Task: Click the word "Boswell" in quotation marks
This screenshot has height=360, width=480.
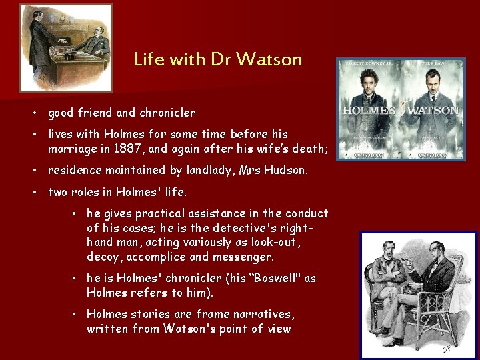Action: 274,278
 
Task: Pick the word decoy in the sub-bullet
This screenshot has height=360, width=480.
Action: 102,257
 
